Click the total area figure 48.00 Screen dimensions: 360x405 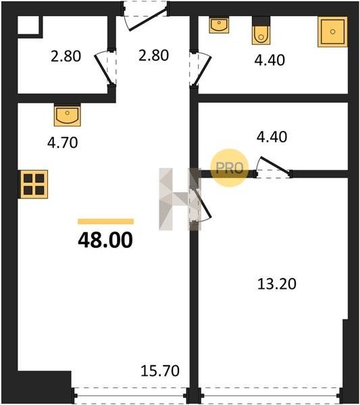point(105,240)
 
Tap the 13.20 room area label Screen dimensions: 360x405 point(277,284)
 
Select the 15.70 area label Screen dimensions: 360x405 point(160,371)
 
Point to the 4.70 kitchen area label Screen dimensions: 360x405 point(63,142)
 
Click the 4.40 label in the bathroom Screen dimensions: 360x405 point(269,60)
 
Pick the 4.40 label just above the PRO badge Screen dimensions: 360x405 point(272,136)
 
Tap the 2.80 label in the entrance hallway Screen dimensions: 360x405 point(153,55)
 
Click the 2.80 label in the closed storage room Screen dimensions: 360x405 point(66,56)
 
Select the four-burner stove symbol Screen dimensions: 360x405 point(33,184)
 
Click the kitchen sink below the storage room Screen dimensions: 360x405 point(67,115)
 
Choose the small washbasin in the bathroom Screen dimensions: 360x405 point(219,25)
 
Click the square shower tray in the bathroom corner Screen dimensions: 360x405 point(332,32)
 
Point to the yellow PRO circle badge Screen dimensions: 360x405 point(229,168)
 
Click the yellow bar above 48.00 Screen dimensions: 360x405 point(106,221)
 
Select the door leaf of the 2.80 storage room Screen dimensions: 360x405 point(103,70)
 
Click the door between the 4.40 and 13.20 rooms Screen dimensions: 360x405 point(274,165)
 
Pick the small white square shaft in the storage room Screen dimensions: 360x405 point(28,25)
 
